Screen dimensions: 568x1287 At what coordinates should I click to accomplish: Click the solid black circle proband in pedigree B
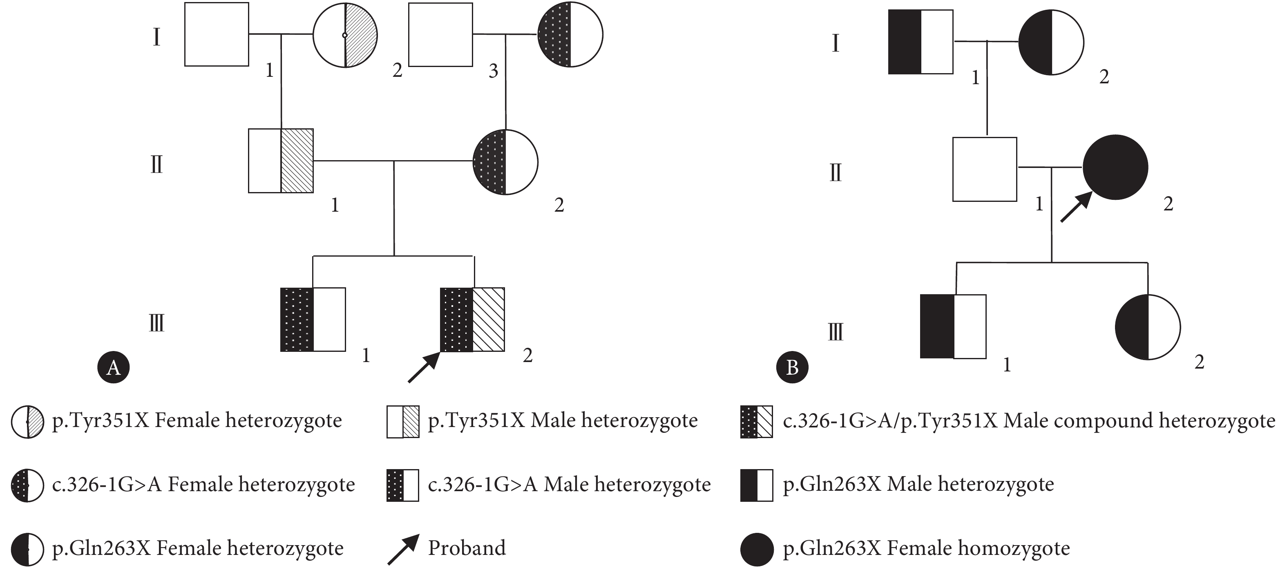(1115, 167)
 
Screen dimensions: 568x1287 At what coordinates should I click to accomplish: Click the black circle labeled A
(114, 367)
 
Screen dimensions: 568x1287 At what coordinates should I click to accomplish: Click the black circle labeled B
(792, 367)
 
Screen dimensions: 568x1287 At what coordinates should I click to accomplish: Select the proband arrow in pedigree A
(423, 368)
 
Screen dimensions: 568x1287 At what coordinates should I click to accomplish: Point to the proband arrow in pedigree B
(1076, 207)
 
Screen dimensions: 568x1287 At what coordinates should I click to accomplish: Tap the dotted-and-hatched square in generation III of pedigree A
(472, 320)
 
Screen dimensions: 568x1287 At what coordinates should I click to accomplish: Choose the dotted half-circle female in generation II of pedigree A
(505, 162)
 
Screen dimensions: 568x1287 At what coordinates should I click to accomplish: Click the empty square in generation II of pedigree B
(984, 169)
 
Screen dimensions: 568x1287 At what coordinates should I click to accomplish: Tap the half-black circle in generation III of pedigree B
(1148, 327)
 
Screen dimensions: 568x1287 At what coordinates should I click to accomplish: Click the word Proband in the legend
(467, 548)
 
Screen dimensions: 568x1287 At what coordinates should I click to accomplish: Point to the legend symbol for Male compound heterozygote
(756, 421)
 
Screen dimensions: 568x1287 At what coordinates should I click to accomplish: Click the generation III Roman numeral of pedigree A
(156, 322)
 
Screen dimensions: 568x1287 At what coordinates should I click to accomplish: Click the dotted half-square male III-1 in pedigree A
(313, 320)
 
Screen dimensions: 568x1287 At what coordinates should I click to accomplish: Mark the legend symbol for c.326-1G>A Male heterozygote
(403, 485)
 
